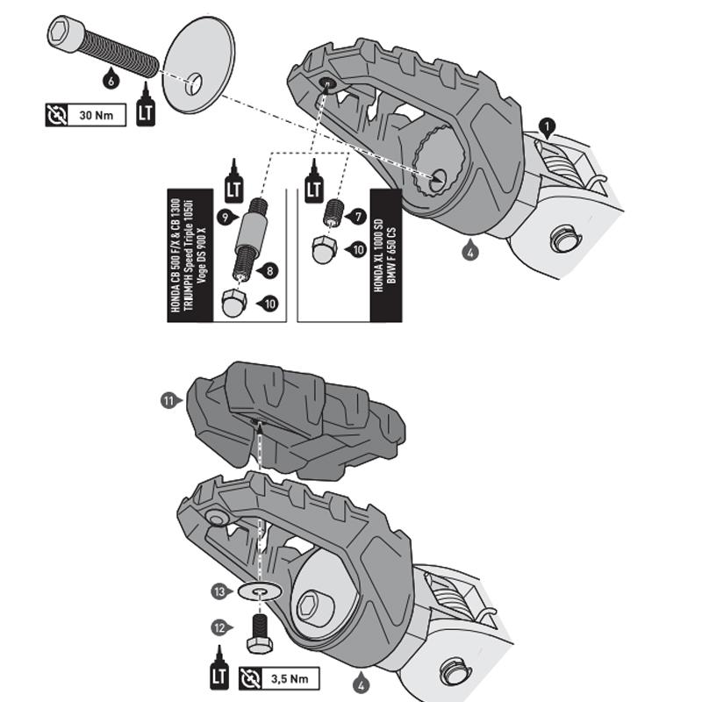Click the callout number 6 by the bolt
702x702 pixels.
pyautogui.click(x=109, y=80)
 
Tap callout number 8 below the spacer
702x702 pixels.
pyautogui.click(x=269, y=271)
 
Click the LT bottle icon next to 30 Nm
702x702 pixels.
pyautogui.click(x=146, y=107)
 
